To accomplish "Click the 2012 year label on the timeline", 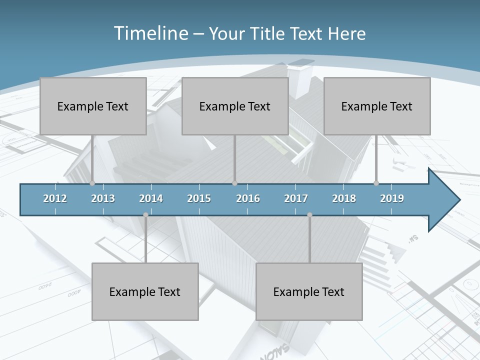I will pyautogui.click(x=55, y=198).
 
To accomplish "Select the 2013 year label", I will pyautogui.click(x=103, y=198).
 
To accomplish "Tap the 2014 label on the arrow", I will pyautogui.click(x=151, y=198).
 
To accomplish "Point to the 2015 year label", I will pyautogui.click(x=199, y=198).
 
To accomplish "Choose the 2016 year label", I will pyautogui.click(x=248, y=198).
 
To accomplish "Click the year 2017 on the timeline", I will pyautogui.click(x=296, y=198).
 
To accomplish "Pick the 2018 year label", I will pyautogui.click(x=344, y=198).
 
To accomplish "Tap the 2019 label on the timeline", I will pyautogui.click(x=392, y=198).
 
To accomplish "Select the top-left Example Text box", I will pyautogui.click(x=93, y=106).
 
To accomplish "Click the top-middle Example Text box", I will pyautogui.click(x=235, y=106).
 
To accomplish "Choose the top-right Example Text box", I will pyautogui.click(x=377, y=106).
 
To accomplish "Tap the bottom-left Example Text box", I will pyautogui.click(x=145, y=291).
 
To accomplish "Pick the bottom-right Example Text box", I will pyautogui.click(x=309, y=291).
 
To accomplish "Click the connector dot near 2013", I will pyautogui.click(x=92, y=183).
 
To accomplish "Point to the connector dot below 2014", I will pyautogui.click(x=145, y=215).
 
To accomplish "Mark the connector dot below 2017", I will pyautogui.click(x=309, y=215).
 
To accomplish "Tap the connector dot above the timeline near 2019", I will pyautogui.click(x=376, y=183).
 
